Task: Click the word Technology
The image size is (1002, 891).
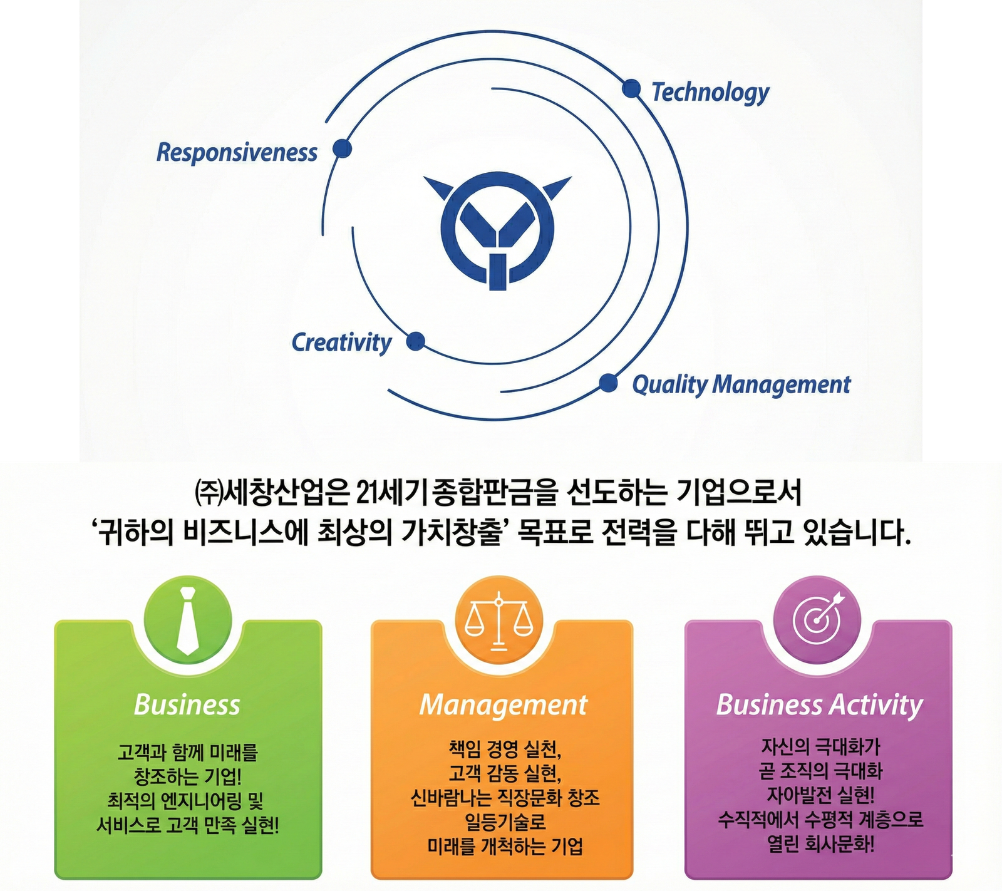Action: click(710, 93)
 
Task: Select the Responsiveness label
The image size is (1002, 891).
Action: click(237, 153)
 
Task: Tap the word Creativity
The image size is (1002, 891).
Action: click(341, 343)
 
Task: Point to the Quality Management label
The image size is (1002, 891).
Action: click(741, 384)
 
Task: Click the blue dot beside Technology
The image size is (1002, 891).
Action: click(631, 89)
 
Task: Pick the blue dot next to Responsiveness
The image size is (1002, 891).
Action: click(342, 149)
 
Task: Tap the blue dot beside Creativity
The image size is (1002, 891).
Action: click(416, 342)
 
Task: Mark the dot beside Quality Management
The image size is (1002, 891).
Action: click(608, 383)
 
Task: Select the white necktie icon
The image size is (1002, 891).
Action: click(188, 621)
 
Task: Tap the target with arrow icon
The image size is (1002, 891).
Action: click(819, 619)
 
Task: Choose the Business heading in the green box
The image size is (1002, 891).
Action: click(187, 705)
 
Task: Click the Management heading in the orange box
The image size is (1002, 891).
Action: click(504, 705)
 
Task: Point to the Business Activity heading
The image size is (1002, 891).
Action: click(819, 705)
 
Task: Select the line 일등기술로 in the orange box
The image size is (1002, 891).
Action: click(505, 822)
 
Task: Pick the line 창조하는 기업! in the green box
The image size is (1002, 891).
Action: click(187, 777)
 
